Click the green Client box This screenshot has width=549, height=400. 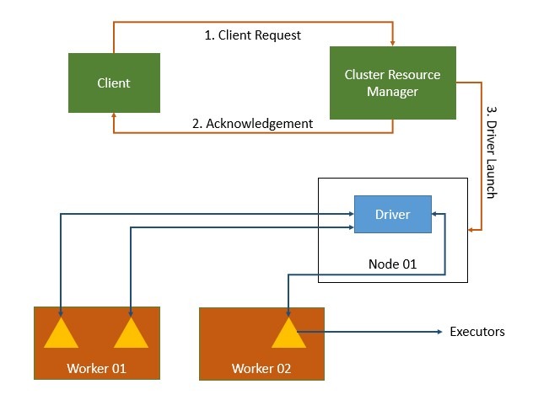click(x=114, y=83)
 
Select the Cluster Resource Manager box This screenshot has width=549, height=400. click(x=392, y=83)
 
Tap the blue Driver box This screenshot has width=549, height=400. click(x=392, y=214)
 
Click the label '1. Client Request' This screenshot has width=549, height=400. click(x=253, y=35)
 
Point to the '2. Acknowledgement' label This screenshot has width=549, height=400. click(x=252, y=123)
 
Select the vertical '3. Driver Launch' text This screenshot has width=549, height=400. click(x=492, y=152)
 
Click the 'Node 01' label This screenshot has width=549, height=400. click(x=392, y=264)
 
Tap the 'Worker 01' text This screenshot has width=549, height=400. click(x=96, y=369)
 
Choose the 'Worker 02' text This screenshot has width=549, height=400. click(x=261, y=369)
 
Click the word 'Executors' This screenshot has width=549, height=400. click(x=477, y=332)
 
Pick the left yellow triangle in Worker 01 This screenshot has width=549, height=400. click(x=62, y=333)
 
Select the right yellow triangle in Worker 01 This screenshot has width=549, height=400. click(x=131, y=333)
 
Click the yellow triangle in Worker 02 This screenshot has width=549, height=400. click(x=289, y=333)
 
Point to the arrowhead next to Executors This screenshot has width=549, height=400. click(x=439, y=332)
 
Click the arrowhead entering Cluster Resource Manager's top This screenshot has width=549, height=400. click(x=392, y=43)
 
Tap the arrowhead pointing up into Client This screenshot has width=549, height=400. click(x=114, y=117)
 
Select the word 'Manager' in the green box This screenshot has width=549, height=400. click(x=392, y=91)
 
